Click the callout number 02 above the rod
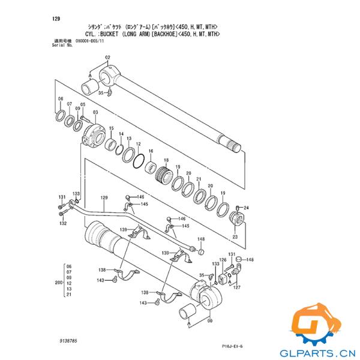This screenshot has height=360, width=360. (108, 58)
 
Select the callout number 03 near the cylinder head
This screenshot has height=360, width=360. (95, 113)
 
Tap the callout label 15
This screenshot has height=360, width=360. (111, 128)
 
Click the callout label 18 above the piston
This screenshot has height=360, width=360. (166, 160)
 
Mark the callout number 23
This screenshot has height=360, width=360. (235, 238)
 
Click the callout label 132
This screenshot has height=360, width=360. (62, 223)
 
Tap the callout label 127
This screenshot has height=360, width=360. (237, 287)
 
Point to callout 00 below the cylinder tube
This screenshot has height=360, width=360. (209, 321)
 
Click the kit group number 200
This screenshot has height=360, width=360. (58, 281)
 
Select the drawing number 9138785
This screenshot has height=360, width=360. (68, 341)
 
